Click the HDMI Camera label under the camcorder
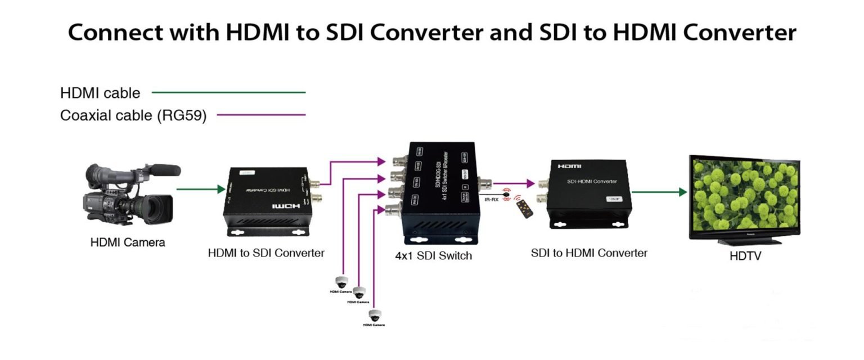coord(128,243)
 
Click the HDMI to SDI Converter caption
coord(266,253)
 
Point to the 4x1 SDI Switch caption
coord(433,256)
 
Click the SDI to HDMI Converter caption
coord(589,253)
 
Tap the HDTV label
coord(745,256)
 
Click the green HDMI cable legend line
coord(228,92)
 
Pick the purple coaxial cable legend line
coord(261,115)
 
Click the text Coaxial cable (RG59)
coord(133,116)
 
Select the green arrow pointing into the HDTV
coord(659,192)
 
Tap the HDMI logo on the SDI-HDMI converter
coord(569,166)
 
